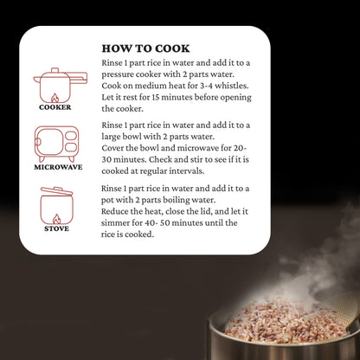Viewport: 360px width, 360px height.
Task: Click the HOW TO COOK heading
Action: pyautogui.click(x=145, y=48)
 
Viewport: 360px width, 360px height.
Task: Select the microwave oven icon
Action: pyautogui.click(x=56, y=144)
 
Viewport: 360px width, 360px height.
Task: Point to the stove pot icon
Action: pyautogui.click(x=56, y=206)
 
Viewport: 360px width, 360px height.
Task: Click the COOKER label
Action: pyautogui.click(x=55, y=107)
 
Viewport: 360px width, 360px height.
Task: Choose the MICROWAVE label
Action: pyautogui.click(x=58, y=167)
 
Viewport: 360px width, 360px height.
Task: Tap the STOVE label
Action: pyautogui.click(x=56, y=228)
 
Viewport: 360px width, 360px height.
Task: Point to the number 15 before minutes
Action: pyautogui.click(x=156, y=98)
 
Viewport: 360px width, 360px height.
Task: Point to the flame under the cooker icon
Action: pyautogui.click(x=55, y=99)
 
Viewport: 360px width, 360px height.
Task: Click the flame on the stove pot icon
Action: pyautogui.click(x=57, y=219)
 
